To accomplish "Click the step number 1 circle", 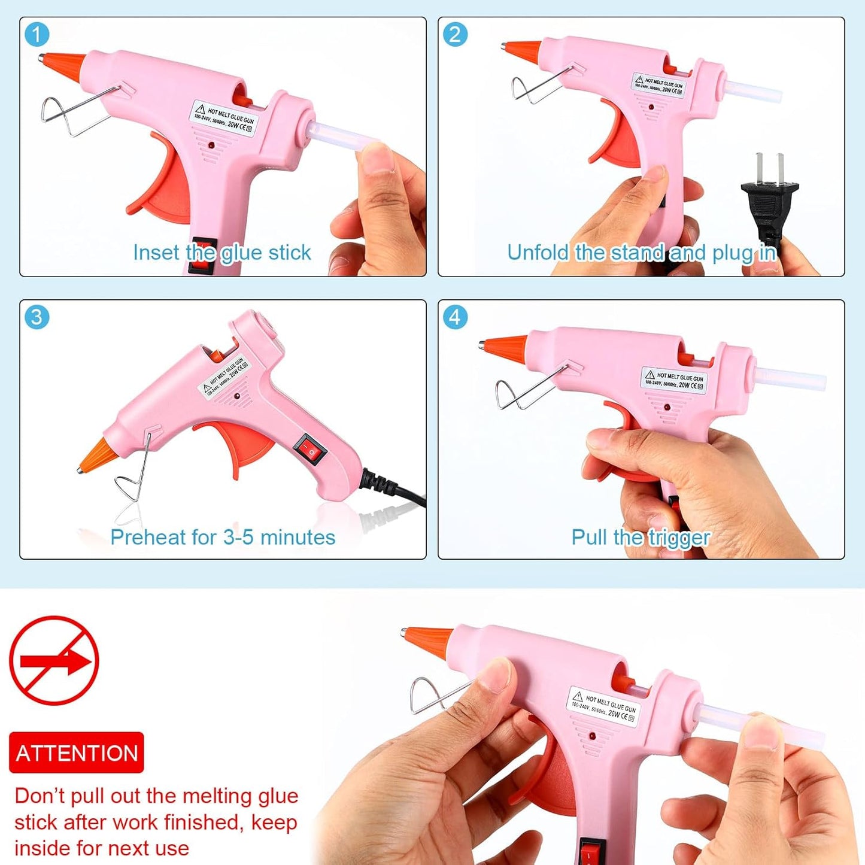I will pos(37,35).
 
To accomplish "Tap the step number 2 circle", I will pos(455,35).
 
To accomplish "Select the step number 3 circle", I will pos(37,317).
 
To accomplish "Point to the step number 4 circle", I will pos(455,317).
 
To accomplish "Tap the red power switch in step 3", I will pos(309,451).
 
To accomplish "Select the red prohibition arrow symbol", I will pos(54,661).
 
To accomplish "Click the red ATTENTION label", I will pos(77,752).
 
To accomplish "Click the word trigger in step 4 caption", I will pos(679,538).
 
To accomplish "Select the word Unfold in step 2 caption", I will pos(538,253).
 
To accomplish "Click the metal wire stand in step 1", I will pos(72,111).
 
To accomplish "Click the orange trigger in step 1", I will pos(159,186).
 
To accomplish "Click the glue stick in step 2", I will pos(754,95).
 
